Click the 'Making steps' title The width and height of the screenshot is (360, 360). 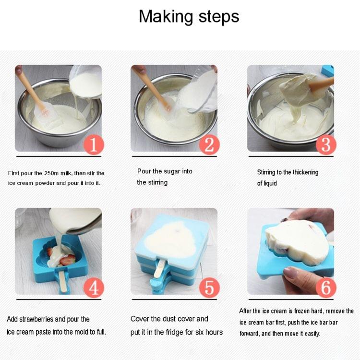tap(189, 16)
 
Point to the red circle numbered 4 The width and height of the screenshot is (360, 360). tap(94, 288)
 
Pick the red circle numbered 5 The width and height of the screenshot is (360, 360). tap(209, 288)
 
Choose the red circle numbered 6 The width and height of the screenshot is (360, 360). tap(325, 288)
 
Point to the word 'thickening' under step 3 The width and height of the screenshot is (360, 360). tap(304, 172)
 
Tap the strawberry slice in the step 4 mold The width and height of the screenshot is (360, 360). tap(68, 259)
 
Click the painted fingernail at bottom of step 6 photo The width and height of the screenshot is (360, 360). tap(291, 272)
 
